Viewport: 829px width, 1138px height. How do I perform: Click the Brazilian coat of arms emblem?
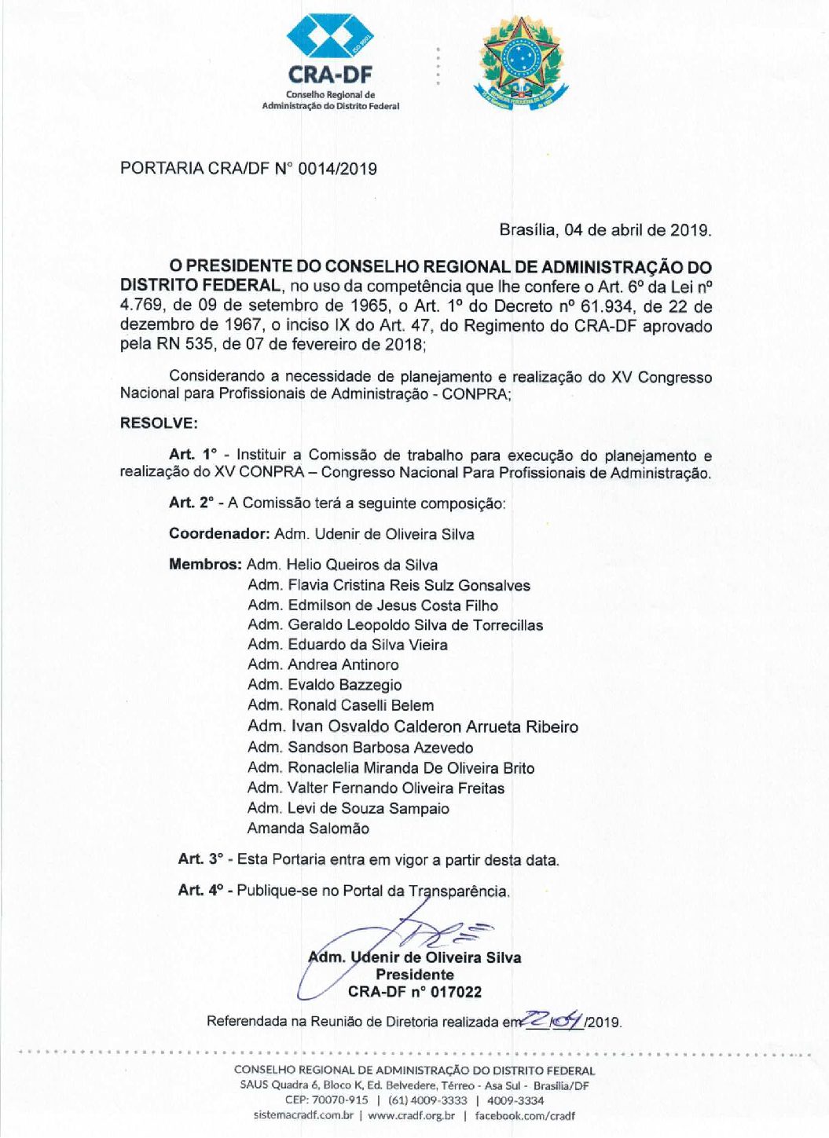[519, 61]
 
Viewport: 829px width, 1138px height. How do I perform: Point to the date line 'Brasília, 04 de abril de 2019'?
[605, 230]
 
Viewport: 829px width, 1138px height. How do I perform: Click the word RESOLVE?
[158, 423]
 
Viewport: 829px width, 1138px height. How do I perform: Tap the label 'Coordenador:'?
[219, 534]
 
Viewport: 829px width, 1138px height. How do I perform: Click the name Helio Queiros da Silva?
[361, 565]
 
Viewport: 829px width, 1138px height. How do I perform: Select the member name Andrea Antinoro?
[343, 664]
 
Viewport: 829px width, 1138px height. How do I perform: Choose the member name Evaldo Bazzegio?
[344, 685]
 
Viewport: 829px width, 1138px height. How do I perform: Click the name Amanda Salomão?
[308, 829]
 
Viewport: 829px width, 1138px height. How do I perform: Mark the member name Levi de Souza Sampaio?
[369, 808]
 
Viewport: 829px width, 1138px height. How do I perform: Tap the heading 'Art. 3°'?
[200, 860]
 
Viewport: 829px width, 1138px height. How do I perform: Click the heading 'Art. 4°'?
[200, 891]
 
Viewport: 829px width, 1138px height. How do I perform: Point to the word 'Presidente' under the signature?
[415, 975]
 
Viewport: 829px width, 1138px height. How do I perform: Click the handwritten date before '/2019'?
[553, 1019]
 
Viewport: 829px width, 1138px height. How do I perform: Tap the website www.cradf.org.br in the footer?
[411, 1115]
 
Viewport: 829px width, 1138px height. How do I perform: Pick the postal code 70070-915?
[338, 1100]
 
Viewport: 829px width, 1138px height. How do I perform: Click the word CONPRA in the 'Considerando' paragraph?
[475, 393]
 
